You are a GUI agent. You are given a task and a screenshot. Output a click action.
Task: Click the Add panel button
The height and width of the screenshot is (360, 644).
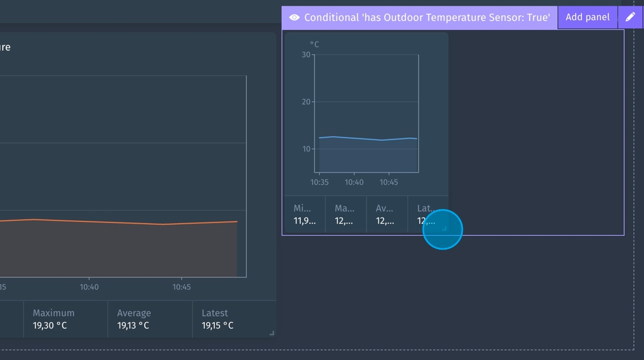(587, 17)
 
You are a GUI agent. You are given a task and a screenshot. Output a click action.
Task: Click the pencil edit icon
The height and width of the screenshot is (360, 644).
(630, 17)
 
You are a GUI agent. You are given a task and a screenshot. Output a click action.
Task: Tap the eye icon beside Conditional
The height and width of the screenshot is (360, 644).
(294, 18)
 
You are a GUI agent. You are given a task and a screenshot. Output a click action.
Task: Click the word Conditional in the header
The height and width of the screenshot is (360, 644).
(331, 18)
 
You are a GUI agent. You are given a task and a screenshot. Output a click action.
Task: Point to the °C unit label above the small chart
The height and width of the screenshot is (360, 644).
(315, 44)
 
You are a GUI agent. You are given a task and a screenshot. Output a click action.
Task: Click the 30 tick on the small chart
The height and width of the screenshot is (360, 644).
(306, 55)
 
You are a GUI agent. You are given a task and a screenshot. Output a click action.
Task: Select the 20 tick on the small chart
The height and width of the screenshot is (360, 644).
(306, 102)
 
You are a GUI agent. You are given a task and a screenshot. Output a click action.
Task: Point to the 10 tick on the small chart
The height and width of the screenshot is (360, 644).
(306, 149)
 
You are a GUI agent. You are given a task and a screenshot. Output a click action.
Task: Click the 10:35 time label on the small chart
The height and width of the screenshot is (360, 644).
(319, 182)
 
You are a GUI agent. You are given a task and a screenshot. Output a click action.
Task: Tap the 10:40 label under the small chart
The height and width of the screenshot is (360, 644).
(354, 182)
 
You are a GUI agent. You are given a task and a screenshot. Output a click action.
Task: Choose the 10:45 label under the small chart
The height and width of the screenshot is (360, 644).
(389, 182)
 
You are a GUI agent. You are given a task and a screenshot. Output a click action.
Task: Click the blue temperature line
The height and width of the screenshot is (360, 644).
(368, 139)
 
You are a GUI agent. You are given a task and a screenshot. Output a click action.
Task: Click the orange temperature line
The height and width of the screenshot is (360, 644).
(115, 221)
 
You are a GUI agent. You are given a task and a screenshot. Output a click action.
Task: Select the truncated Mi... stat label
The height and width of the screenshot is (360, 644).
(302, 208)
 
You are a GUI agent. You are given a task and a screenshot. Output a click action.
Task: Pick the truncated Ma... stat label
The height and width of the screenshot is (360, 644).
(344, 208)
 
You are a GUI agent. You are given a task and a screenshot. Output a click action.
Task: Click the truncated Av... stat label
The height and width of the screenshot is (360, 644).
(385, 208)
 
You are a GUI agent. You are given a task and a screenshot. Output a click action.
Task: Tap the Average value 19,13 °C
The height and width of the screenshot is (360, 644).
(133, 325)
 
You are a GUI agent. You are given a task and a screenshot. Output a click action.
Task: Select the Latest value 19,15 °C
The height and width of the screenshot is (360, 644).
(217, 325)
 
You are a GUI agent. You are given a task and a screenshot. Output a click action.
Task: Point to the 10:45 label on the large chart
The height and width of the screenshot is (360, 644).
(182, 287)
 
